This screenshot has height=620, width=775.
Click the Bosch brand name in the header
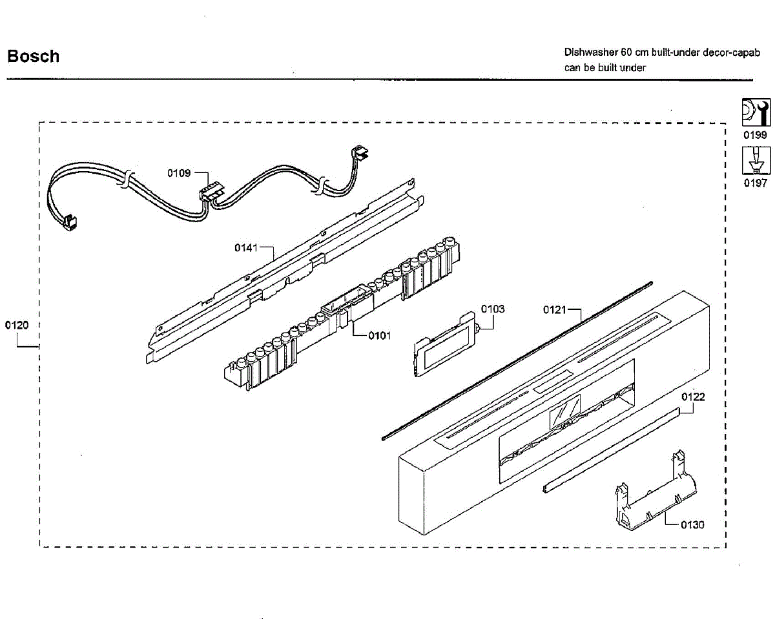tap(33, 56)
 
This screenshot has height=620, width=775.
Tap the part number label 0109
tap(178, 173)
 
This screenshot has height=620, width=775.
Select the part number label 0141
tap(245, 247)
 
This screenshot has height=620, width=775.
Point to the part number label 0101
tap(380, 335)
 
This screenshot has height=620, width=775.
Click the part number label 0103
tap(493, 309)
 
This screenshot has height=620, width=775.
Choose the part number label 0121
tap(554, 310)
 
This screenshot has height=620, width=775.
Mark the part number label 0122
tap(693, 397)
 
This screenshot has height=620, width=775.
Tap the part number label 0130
tap(692, 524)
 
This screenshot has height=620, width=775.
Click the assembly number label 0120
tap(17, 325)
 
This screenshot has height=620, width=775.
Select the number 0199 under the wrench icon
tap(755, 135)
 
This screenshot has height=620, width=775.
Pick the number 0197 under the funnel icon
tap(755, 184)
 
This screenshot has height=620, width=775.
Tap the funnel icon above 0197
tap(755, 160)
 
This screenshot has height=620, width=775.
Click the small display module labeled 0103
tap(445, 346)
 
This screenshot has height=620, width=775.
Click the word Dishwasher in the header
tap(590, 52)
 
